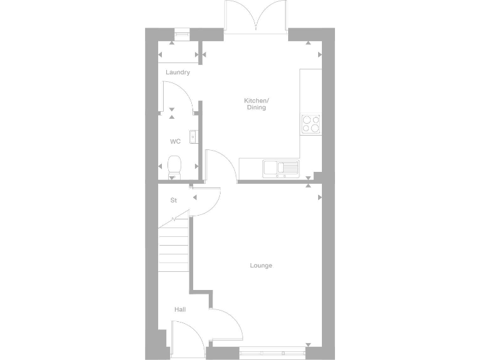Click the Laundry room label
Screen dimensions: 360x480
(177, 72)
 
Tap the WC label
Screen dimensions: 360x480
(175, 141)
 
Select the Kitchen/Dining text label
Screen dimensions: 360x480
(256, 104)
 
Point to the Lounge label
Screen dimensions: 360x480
(261, 266)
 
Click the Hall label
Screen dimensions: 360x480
(180, 309)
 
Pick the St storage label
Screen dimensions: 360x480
(174, 201)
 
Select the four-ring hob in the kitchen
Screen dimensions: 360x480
(310, 124)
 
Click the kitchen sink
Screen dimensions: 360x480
(281, 167)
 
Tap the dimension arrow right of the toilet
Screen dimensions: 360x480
(197, 166)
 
